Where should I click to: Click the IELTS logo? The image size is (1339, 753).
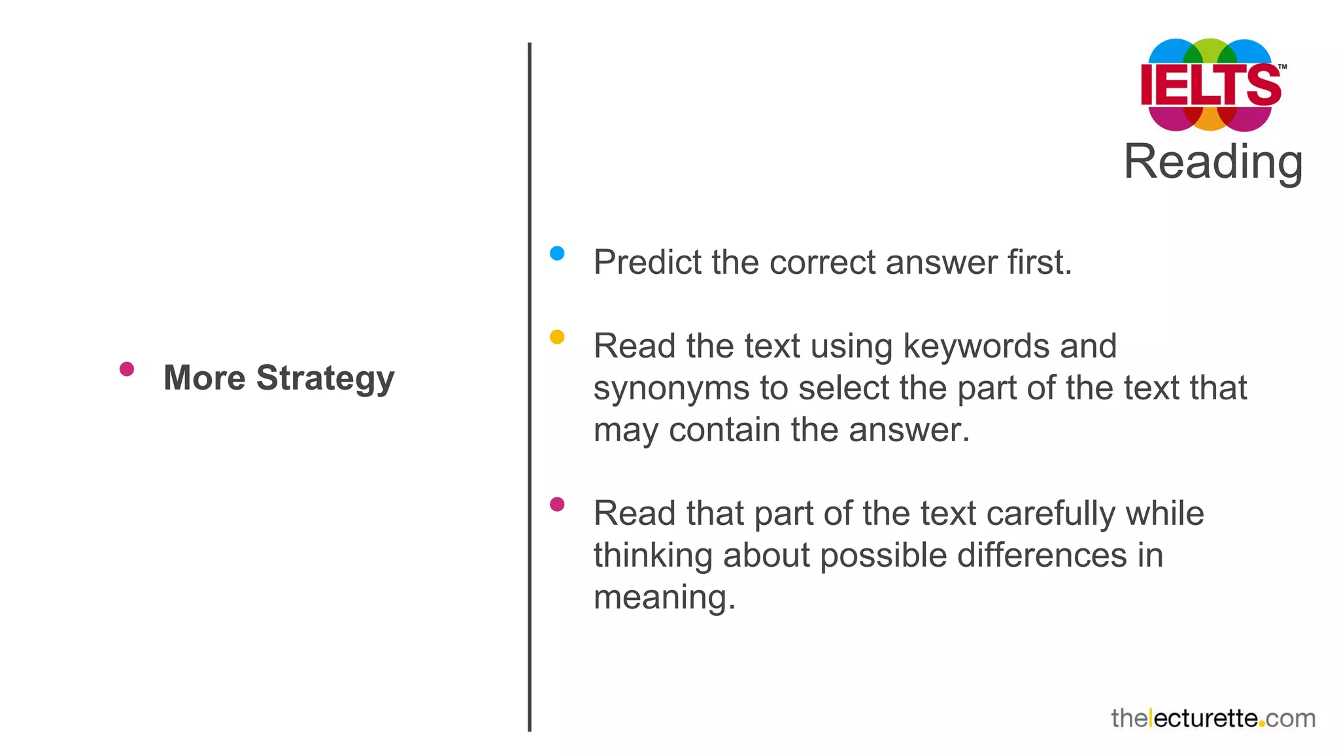tap(1211, 85)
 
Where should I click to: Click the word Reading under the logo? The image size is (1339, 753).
tap(1213, 162)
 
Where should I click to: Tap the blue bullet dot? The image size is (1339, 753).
tap(557, 254)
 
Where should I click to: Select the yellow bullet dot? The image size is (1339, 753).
tap(557, 337)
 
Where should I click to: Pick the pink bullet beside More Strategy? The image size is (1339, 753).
tap(127, 369)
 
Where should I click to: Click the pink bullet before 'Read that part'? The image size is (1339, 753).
tap(557, 505)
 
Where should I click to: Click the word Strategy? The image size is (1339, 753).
tap(325, 378)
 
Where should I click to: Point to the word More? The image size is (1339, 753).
tap(204, 378)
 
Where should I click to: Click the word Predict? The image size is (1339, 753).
tap(647, 262)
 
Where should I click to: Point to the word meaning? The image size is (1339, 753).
tap(663, 598)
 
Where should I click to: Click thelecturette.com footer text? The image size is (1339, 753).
tap(1213, 718)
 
